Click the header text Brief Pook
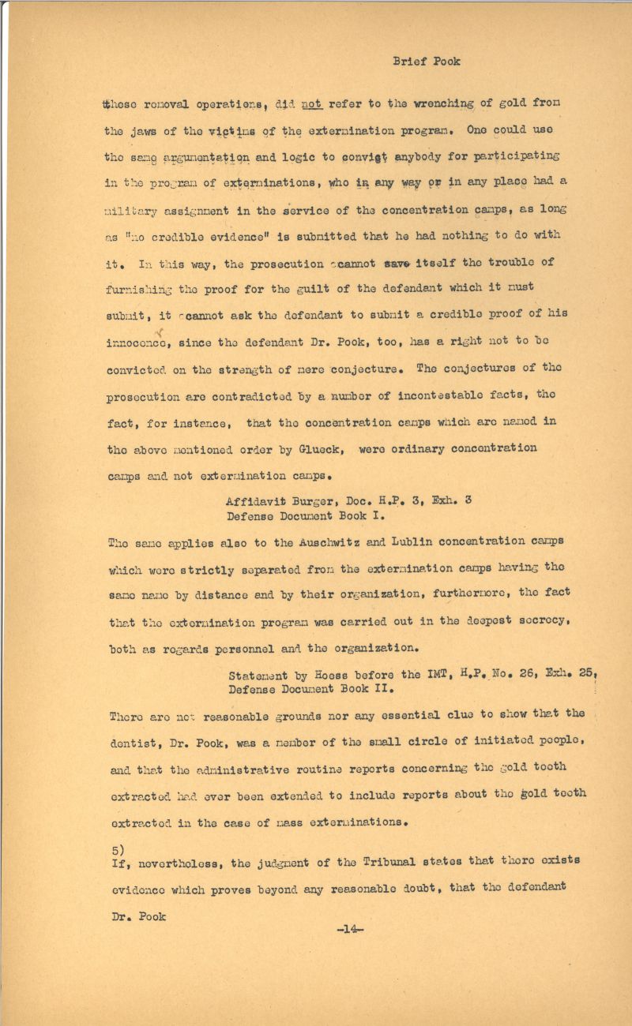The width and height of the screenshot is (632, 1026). tap(427, 62)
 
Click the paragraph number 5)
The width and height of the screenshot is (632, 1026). tap(115, 852)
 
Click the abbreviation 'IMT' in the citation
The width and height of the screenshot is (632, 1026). tap(431, 676)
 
